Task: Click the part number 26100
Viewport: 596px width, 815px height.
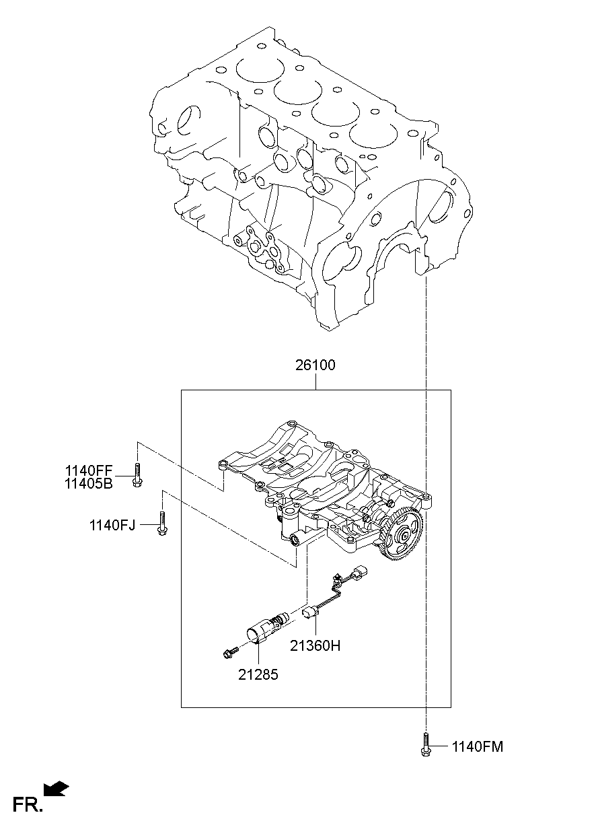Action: tap(315, 365)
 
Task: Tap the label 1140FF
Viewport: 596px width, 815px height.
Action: tap(89, 471)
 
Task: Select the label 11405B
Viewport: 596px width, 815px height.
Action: tap(89, 483)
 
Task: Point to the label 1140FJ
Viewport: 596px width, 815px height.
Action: tap(112, 525)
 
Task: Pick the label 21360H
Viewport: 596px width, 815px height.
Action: tap(315, 645)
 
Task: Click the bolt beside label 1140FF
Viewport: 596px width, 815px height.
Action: tap(137, 474)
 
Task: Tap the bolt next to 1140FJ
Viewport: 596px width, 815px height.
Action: tap(162, 523)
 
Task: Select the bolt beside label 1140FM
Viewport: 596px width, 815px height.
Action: tap(425, 744)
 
